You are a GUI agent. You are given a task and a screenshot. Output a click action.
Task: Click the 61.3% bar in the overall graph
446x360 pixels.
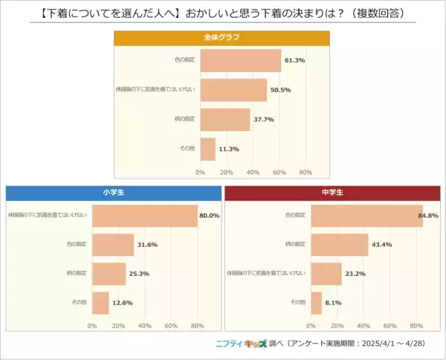click(240, 60)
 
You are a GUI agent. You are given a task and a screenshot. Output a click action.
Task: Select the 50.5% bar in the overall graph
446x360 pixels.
click(233, 90)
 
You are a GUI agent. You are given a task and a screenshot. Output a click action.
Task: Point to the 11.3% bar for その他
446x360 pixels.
click(207, 149)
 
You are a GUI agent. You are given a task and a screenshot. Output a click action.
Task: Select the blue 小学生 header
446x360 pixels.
click(113, 193)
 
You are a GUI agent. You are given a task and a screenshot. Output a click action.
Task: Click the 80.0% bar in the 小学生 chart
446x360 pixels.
click(144, 216)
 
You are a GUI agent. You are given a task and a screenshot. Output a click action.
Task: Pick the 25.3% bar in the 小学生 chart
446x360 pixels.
click(109, 274)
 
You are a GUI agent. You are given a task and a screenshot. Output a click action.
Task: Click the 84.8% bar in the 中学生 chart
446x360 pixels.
click(366, 216)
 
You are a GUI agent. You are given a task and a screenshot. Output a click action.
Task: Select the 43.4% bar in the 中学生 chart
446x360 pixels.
click(339, 245)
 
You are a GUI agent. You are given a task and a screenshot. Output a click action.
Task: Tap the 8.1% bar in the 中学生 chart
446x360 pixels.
click(316, 302)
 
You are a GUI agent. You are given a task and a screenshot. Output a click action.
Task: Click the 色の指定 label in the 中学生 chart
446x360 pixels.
click(295, 216)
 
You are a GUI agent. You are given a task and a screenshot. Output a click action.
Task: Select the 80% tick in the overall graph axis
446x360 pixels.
click(305, 172)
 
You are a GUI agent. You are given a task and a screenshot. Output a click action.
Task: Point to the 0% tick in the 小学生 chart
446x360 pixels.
click(92, 325)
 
